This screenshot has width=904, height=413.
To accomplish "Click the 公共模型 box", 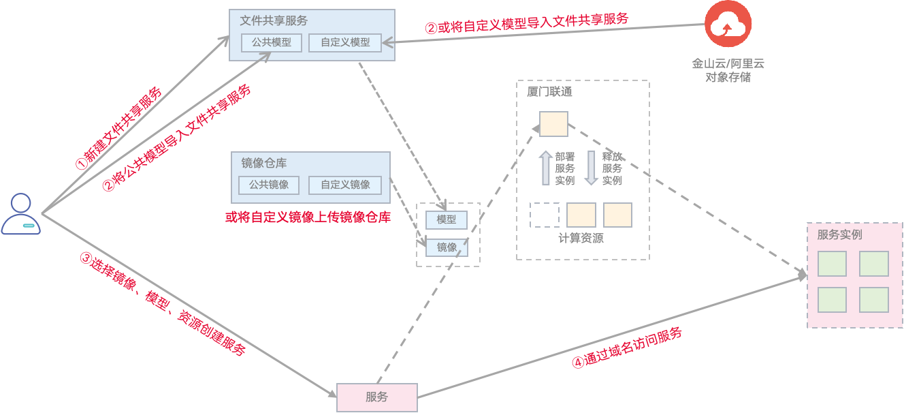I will [272, 42].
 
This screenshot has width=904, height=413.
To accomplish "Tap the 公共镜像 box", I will [269, 185].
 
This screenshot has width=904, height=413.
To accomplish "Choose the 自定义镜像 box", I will [345, 185].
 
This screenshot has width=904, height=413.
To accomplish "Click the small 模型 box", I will [447, 219].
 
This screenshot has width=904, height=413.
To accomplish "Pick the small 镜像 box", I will [447, 247].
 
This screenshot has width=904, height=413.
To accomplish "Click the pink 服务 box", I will [376, 397].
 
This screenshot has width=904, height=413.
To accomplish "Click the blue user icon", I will [21, 214].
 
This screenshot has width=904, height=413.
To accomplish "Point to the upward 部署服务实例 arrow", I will [546, 168].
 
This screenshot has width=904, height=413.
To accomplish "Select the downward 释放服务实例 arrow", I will [591, 168].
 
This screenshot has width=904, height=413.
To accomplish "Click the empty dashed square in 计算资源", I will [545, 215].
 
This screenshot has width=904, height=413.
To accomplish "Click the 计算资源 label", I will [581, 239].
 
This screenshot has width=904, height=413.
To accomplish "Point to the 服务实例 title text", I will [839, 234].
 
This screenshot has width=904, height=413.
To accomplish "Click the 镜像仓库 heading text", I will [264, 163].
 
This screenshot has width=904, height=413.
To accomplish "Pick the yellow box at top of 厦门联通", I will [553, 124].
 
